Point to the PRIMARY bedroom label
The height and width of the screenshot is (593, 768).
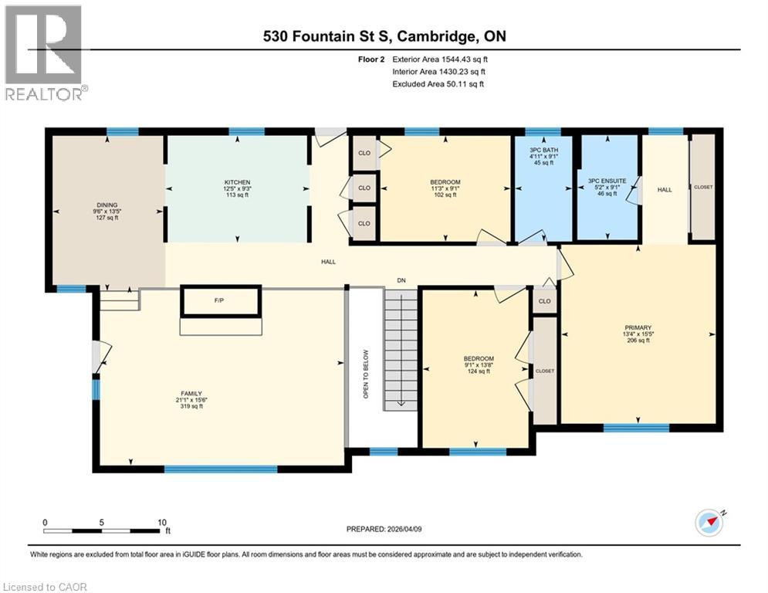click(x=637, y=327)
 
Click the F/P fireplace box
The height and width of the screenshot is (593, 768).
click(x=221, y=301)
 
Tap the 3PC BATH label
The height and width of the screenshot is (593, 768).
click(x=544, y=150)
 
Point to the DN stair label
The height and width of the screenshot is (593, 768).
click(x=401, y=280)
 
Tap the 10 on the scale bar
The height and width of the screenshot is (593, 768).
click(x=162, y=522)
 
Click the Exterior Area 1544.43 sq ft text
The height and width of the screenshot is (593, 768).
click(x=440, y=59)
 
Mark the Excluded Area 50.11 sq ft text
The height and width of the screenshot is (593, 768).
click(x=438, y=84)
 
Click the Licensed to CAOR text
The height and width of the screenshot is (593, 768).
click(x=45, y=587)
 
